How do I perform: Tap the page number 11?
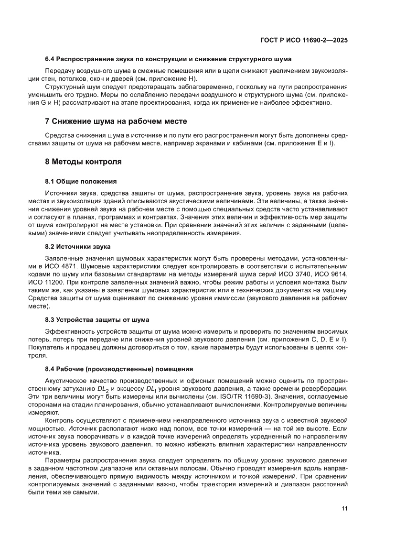344,508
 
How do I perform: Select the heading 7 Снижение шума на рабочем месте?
116,121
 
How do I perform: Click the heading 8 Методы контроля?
83,162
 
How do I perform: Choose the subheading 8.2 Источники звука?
77,246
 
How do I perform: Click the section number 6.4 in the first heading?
50,59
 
